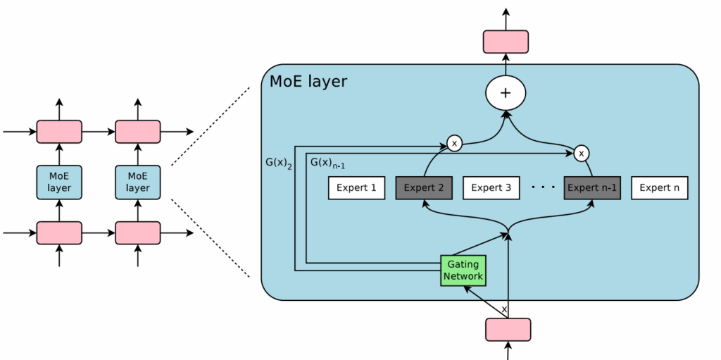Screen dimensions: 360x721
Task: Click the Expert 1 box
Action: coord(356,188)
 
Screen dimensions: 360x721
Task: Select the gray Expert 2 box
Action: coord(423,188)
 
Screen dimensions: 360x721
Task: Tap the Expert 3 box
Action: coord(491,188)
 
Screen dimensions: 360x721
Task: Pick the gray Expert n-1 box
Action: coord(592,188)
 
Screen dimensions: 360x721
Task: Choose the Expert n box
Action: coord(660,188)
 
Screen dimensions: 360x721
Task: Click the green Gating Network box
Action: coord(463,271)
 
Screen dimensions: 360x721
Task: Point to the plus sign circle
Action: coord(506,93)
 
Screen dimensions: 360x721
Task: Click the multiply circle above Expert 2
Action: coord(455,144)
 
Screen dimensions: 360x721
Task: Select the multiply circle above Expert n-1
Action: coord(581,152)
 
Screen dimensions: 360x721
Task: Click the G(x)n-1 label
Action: coord(327,164)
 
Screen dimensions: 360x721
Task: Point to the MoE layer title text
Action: coord(308,82)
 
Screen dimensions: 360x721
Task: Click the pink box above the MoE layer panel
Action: coord(506,42)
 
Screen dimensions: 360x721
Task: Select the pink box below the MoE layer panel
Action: coord(508,330)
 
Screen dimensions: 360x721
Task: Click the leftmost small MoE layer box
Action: coord(59,182)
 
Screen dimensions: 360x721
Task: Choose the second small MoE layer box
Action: coord(138,182)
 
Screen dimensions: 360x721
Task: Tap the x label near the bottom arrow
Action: coord(503,309)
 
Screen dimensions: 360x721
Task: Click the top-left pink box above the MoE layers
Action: coord(59,132)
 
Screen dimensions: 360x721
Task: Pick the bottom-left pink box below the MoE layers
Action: coord(59,232)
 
